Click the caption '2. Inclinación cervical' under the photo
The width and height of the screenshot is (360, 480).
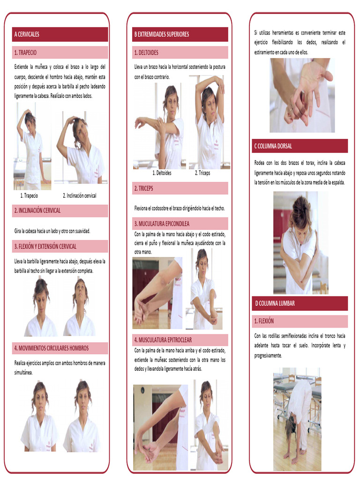80,195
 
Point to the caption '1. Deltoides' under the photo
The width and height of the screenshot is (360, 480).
162,173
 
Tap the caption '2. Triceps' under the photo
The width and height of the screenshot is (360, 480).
202,173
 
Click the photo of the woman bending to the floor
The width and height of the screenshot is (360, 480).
297,419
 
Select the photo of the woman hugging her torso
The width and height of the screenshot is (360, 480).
300,242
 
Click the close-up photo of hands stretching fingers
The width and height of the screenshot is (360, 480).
302,95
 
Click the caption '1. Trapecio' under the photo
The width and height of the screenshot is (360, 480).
29,195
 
